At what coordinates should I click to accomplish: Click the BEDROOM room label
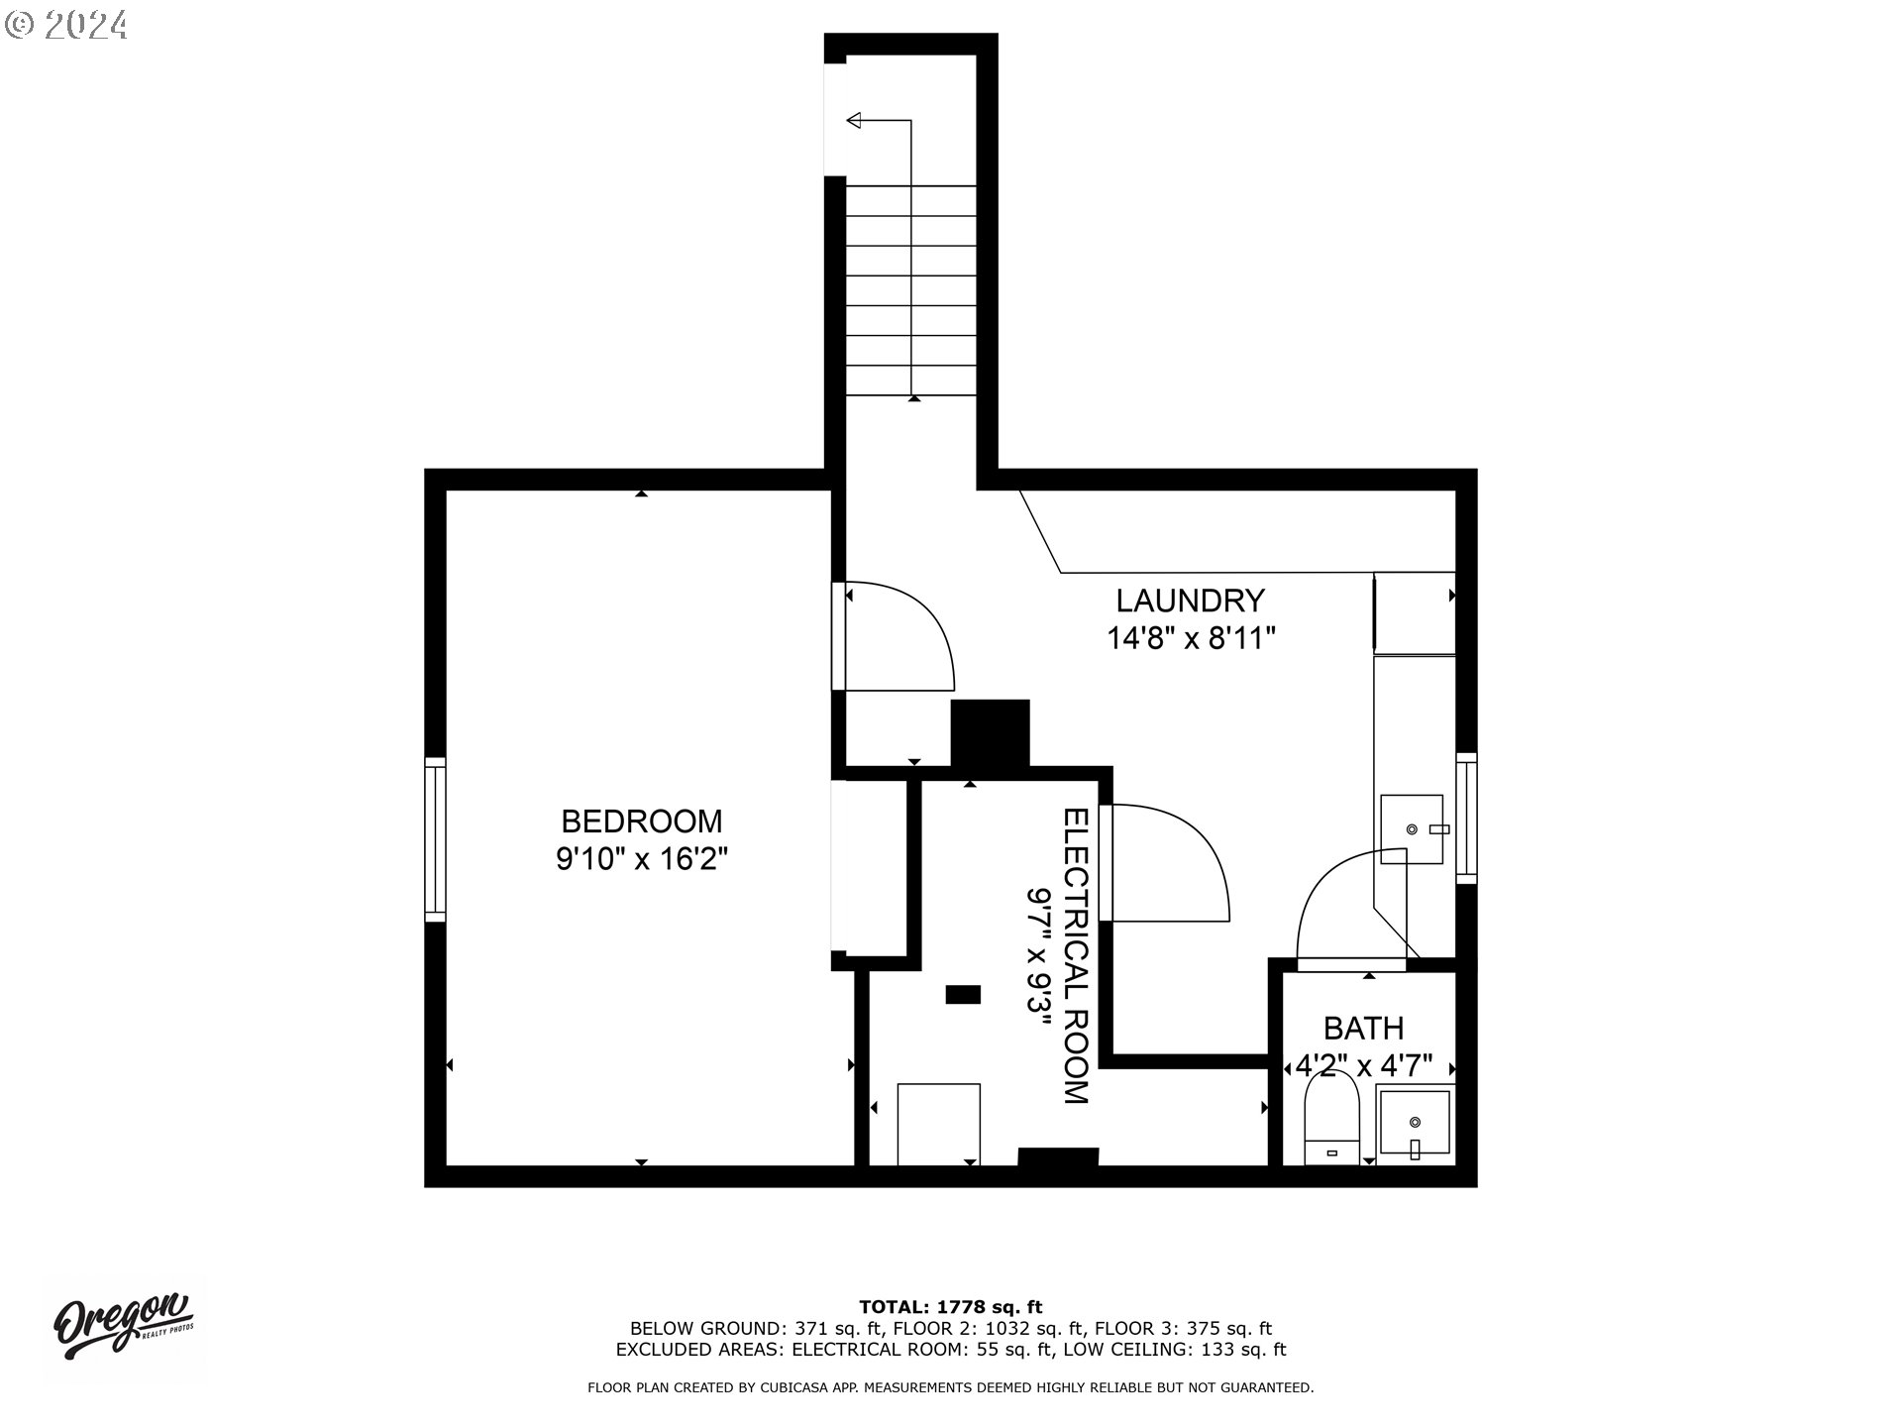pos(642,821)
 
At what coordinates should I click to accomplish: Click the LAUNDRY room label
pos(1190,601)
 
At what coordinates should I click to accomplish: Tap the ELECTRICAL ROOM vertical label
pos(1076,955)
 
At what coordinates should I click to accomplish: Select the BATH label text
pos(1363,1028)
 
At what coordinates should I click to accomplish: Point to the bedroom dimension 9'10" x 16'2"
pos(642,858)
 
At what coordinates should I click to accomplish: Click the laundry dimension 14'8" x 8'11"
pos(1190,638)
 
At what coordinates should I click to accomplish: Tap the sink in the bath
pos(1415,1123)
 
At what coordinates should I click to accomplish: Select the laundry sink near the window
pos(1412,827)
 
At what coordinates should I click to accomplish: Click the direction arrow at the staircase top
pos(855,121)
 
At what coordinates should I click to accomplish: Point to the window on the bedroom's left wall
pos(435,839)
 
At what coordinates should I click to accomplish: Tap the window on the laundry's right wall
pos(1466,818)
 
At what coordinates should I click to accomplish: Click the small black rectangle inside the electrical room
pos(963,994)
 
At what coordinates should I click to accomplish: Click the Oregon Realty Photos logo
pos(123,1325)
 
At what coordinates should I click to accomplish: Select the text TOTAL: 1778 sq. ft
pos(950,1307)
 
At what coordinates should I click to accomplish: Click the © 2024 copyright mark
pos(66,24)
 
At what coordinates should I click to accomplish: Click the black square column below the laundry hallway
pos(990,732)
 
